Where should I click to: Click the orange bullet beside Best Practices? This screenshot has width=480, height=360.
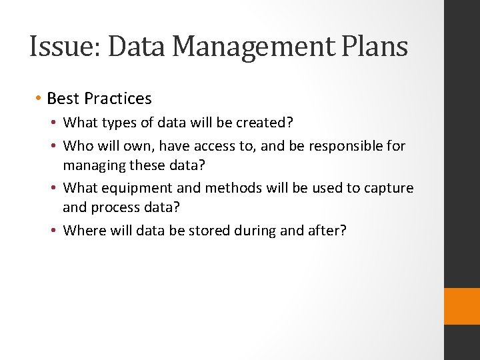39,99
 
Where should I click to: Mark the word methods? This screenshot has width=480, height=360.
233,188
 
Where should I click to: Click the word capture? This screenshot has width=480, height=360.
389,188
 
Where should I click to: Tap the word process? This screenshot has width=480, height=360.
117,207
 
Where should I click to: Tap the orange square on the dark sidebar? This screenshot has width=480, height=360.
462,306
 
